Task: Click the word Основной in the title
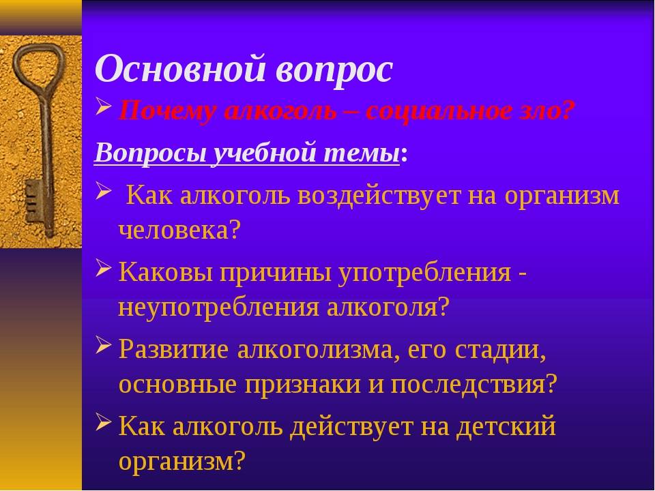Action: [x=179, y=68]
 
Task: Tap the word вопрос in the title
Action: [x=334, y=68]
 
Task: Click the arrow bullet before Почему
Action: [x=103, y=109]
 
